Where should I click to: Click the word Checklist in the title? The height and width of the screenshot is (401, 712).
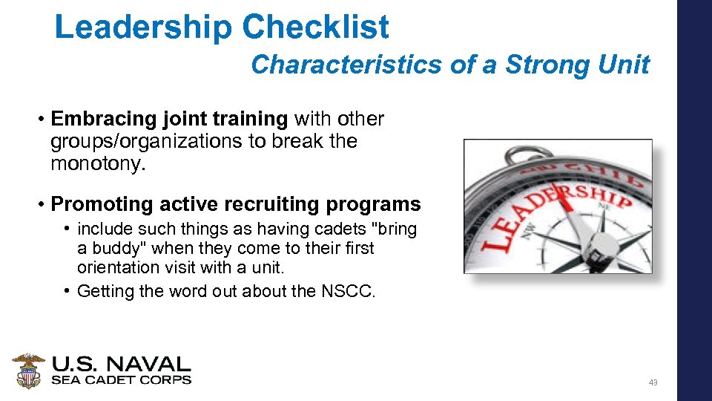315,27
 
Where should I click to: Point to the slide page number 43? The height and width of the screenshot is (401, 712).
653,382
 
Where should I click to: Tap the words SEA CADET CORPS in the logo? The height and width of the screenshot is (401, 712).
121,380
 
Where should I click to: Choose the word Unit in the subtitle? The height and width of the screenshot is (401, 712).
625,65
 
